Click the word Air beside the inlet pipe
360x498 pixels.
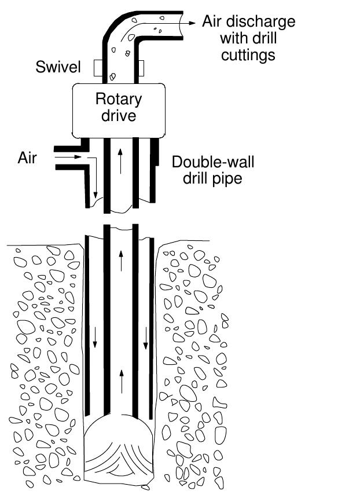coord(27,157)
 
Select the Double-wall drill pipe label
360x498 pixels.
coord(212,170)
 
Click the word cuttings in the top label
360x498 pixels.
coord(251,56)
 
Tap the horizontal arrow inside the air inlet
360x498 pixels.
coord(72,157)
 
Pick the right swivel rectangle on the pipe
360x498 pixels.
coord(139,68)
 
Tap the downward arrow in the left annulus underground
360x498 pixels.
coord(94,338)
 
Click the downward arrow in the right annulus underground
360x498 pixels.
coord(145,338)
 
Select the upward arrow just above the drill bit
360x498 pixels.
coord(120,379)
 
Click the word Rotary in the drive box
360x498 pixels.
coord(119,98)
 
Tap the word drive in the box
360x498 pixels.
coord(119,115)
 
